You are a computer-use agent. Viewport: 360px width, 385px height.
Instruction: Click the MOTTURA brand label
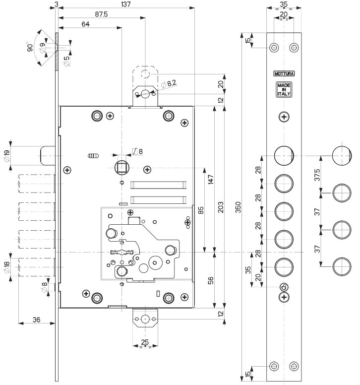click(284, 74)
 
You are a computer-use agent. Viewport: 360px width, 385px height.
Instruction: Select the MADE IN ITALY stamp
click(284, 89)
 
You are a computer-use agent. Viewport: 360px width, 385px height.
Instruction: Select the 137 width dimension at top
click(125, 4)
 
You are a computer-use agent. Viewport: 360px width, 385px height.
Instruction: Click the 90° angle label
click(30, 48)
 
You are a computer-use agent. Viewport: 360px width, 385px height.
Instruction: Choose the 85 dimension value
click(201, 210)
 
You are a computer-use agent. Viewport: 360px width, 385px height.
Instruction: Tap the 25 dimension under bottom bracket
click(145, 342)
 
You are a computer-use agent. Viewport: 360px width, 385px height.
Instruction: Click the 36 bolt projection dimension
click(36, 320)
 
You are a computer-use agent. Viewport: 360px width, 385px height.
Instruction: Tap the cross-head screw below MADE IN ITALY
click(284, 117)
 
